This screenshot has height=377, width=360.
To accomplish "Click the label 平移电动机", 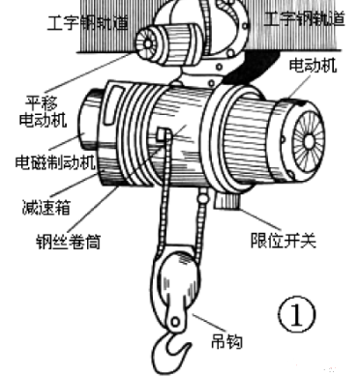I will pyautogui.click(x=40, y=112).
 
